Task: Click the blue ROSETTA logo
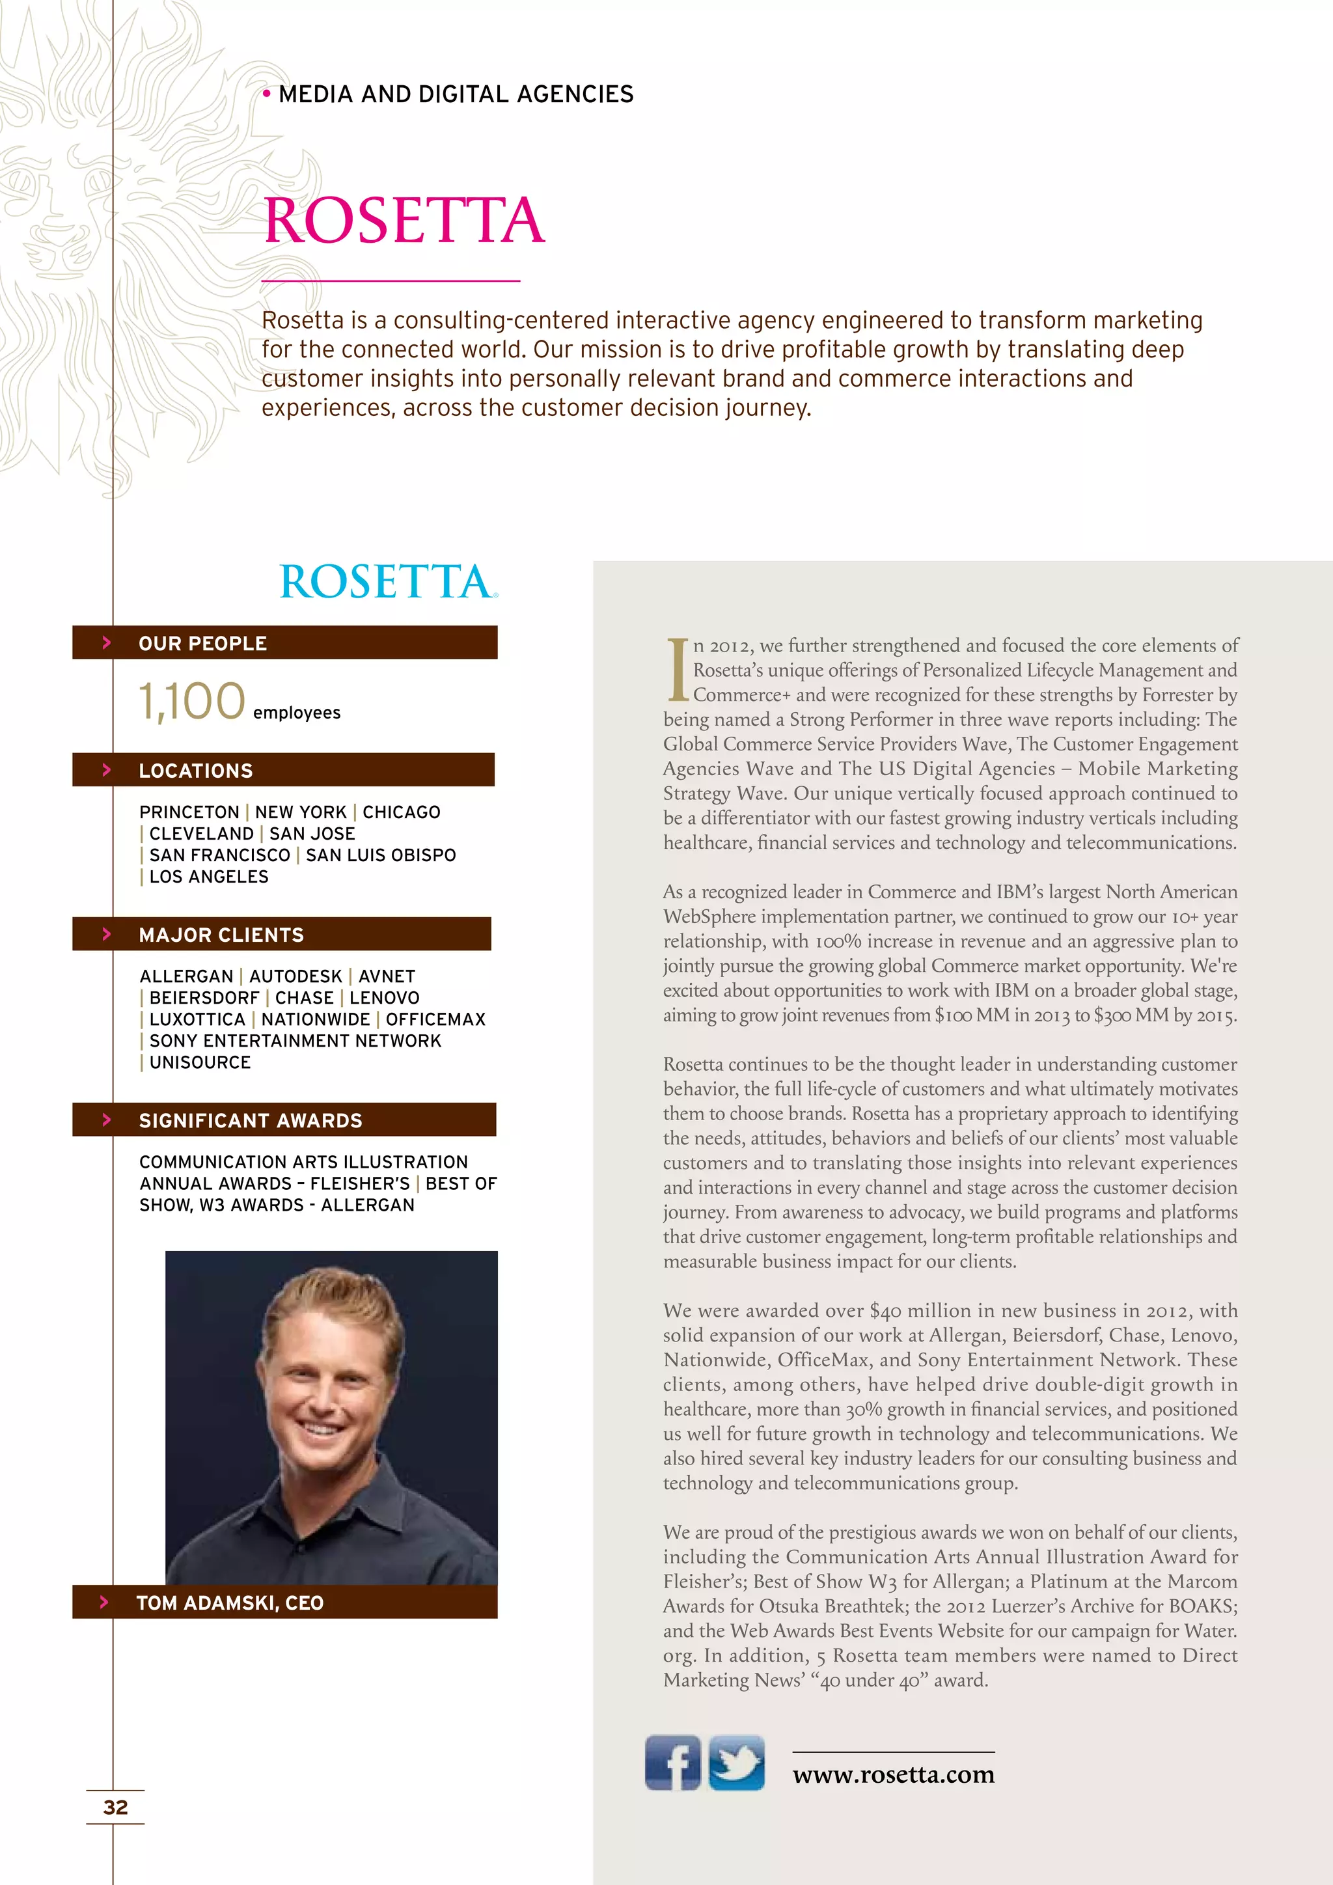pos(387,581)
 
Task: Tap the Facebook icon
pos(672,1762)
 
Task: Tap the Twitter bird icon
pos(736,1762)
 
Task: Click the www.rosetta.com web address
pos(893,1774)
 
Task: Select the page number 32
pos(116,1807)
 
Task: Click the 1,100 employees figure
pos(192,701)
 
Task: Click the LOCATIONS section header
pos(282,770)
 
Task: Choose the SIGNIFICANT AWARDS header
pos(283,1120)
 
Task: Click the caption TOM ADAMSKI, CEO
pos(230,1603)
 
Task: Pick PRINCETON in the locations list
pos(189,812)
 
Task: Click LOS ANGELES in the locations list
pos(208,877)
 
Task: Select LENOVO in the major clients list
pos(384,998)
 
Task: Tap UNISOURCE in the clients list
pos(199,1062)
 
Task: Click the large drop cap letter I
pos(677,669)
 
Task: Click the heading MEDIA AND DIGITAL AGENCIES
pos(456,94)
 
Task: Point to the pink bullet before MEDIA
pos(266,94)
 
